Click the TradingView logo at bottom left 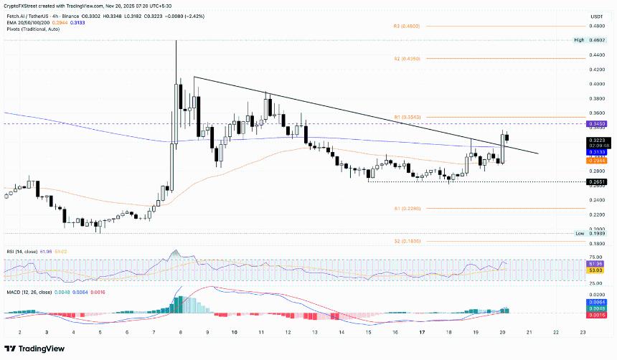click(35, 348)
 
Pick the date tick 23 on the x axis click(582, 333)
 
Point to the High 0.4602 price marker click(596, 40)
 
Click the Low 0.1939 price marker click(596, 234)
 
